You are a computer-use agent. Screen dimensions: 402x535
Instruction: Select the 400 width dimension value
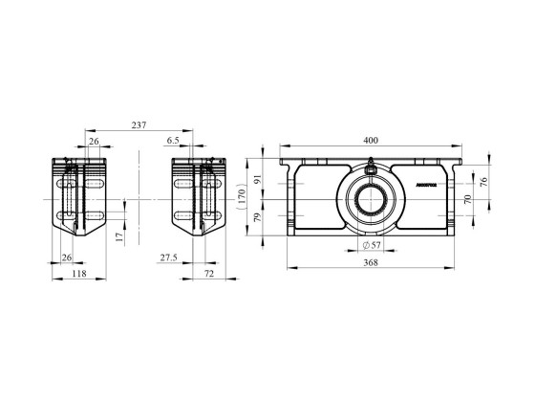tap(371, 140)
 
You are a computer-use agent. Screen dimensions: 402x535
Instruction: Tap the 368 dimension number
tap(371, 264)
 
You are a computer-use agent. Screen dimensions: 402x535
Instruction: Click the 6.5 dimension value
tap(173, 140)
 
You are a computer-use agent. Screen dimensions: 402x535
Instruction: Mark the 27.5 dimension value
tap(168, 257)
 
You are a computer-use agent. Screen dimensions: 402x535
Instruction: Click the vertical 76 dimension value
tap(484, 181)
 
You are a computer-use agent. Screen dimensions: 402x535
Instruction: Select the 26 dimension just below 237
tap(93, 140)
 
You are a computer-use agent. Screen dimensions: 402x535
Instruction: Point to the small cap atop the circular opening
tap(371, 165)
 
